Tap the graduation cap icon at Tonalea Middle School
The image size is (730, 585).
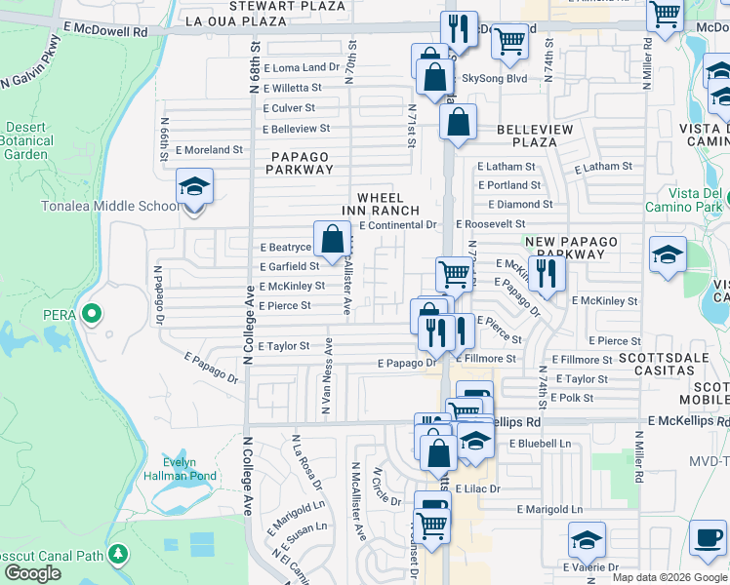pos(194,185)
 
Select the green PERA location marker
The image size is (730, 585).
pos(91,314)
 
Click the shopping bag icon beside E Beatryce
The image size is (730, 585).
pos(332,237)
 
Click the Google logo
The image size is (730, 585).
pos(32,573)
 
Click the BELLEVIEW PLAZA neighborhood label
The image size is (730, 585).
pos(527,136)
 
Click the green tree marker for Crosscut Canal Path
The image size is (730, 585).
pos(118,554)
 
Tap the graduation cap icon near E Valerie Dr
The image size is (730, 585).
pos(587,538)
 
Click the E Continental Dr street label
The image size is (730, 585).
pos(397,225)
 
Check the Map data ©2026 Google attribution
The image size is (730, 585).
pos(669,577)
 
